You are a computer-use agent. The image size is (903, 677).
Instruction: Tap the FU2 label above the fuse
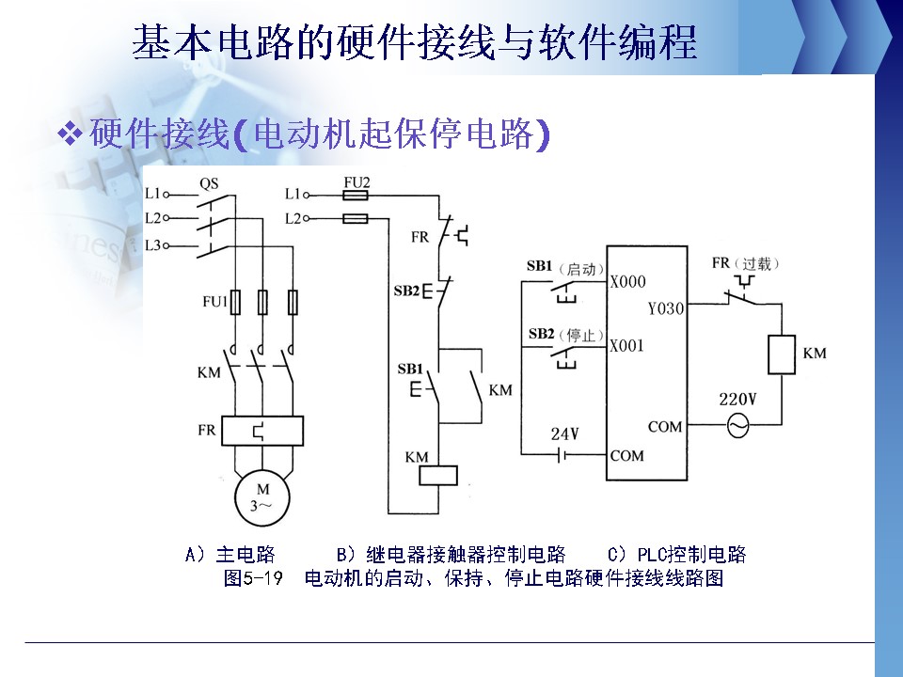tap(357, 181)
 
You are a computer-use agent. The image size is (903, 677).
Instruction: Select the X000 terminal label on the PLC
tap(627, 281)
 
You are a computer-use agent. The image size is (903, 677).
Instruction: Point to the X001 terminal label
tap(627, 345)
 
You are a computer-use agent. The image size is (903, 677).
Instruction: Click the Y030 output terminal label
tap(666, 307)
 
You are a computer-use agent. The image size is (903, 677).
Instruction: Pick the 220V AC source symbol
tap(737, 427)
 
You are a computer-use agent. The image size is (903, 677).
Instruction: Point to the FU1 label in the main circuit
tap(214, 303)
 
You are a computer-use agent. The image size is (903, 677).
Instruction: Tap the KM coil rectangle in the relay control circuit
tap(438, 475)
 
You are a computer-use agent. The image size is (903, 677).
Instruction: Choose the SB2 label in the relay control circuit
tap(406, 291)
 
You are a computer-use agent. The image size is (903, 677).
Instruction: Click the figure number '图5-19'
tap(253, 577)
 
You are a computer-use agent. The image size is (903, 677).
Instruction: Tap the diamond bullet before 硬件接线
tap(71, 134)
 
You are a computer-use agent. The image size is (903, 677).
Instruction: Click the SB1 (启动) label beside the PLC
tap(564, 268)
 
